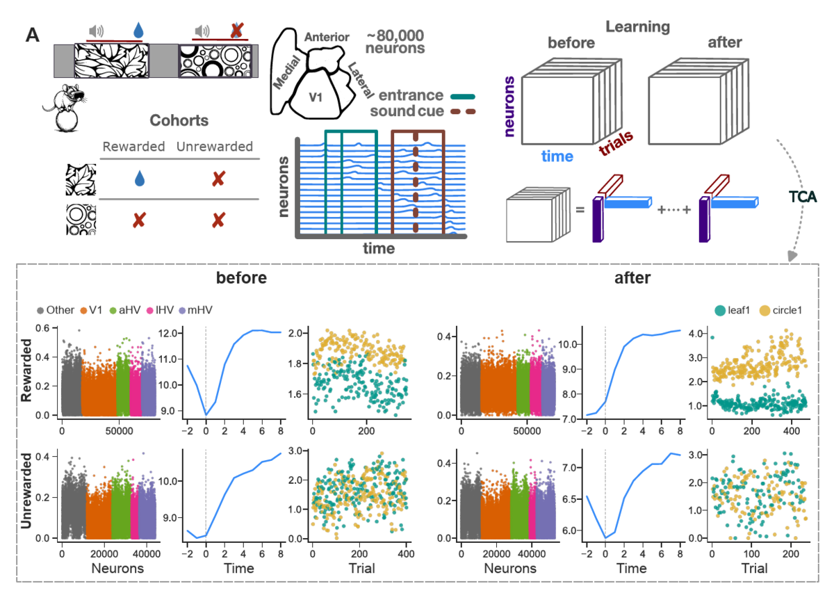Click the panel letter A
(33, 35)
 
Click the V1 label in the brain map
(316, 97)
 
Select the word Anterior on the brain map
(327, 37)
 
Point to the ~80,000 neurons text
(395, 42)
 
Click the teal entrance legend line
(463, 97)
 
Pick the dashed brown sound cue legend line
(463, 111)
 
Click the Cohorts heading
(179, 120)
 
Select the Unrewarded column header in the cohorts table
(215, 147)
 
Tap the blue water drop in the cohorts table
(140, 179)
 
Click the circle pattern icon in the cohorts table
(81, 220)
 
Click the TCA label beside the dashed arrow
(803, 197)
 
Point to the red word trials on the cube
(616, 143)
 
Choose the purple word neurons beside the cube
(509, 106)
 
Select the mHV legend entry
(196, 310)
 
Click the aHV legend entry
(126, 310)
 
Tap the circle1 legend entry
(780, 310)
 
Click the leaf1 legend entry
(733, 310)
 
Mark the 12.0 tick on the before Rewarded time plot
(167, 333)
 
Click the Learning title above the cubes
(637, 27)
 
